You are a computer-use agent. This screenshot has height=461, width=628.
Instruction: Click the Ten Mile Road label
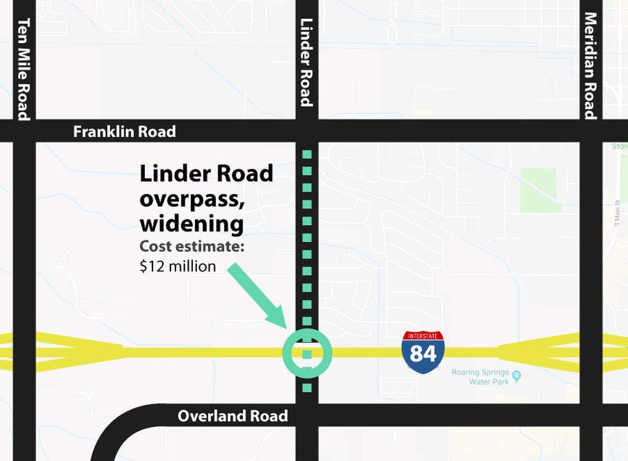(x=24, y=69)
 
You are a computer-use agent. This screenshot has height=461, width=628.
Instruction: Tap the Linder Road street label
(x=306, y=62)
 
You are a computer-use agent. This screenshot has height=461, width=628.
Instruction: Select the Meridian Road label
(x=591, y=65)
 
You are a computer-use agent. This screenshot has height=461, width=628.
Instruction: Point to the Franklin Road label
(x=124, y=132)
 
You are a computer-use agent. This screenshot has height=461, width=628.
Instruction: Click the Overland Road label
(x=232, y=416)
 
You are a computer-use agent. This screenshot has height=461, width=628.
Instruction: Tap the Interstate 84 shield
(x=423, y=352)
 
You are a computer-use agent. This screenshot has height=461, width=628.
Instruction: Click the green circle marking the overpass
(x=307, y=353)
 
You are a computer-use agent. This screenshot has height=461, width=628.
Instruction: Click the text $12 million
(x=177, y=267)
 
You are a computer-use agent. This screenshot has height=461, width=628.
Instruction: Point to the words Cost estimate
(x=192, y=247)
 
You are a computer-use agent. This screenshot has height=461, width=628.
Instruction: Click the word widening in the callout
(x=191, y=225)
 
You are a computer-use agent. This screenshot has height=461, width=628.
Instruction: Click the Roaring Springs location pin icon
(x=516, y=376)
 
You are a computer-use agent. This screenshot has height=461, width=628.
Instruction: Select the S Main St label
(x=618, y=213)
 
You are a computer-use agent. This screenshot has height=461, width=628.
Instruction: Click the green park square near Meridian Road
(x=538, y=190)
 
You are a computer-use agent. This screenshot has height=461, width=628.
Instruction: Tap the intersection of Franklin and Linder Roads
(x=307, y=131)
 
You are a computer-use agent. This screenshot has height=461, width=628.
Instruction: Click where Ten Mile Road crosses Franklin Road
(x=24, y=131)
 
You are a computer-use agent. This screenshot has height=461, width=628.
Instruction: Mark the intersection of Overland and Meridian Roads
(x=591, y=415)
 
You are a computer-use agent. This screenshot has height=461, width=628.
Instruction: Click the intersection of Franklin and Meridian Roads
(x=591, y=131)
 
